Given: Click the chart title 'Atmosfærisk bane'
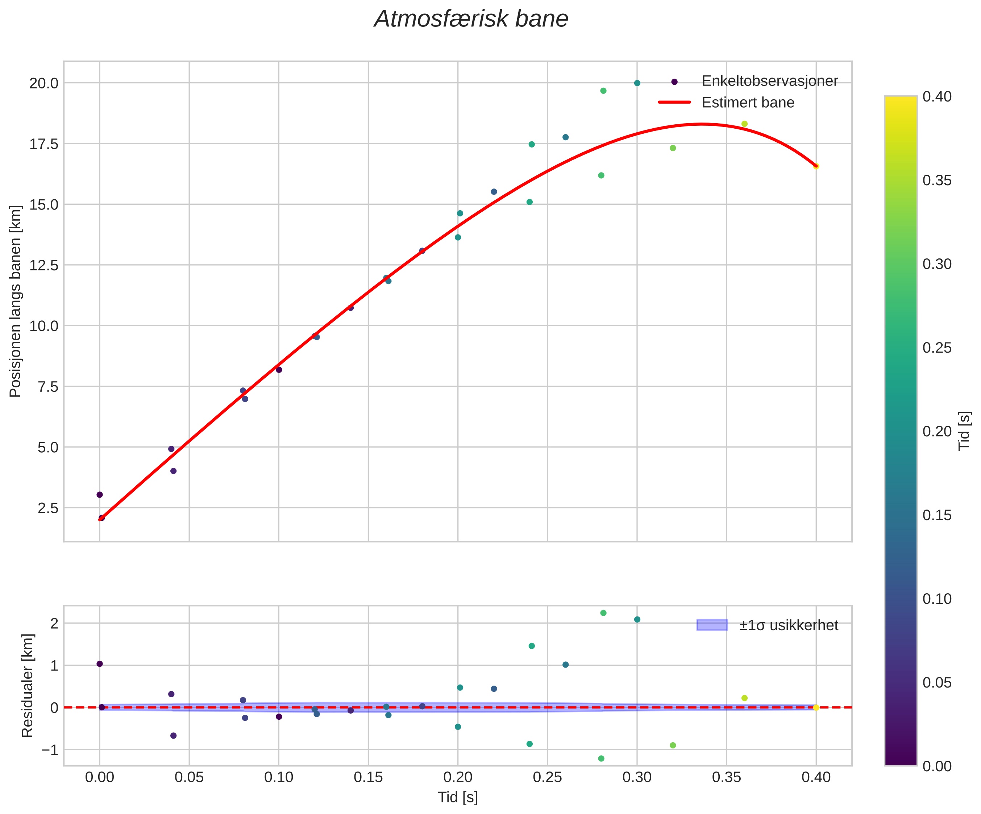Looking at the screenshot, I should point(471,20).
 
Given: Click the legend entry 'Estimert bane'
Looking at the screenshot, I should point(747,102).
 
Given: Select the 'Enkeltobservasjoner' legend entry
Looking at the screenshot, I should point(769,81).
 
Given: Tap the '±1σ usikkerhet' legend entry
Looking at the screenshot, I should point(789,625).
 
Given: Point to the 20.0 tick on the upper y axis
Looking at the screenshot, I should point(44,84).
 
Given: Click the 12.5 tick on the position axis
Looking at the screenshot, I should point(44,265).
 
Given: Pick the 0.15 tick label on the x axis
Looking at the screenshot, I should point(368,777).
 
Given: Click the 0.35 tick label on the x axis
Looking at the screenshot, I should point(726,777).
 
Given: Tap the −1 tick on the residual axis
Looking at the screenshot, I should point(50,750).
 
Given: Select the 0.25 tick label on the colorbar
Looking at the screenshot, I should point(937,348).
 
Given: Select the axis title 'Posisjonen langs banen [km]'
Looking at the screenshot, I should point(16,302).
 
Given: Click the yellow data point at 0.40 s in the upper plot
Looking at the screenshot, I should point(816,166).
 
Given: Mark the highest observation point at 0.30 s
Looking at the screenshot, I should point(637,83).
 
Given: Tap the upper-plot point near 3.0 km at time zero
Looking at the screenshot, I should point(100,495).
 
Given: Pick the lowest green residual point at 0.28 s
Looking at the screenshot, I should point(601,759).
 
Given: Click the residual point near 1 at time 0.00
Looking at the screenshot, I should point(100,664).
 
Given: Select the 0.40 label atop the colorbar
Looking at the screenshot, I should point(937,97).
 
